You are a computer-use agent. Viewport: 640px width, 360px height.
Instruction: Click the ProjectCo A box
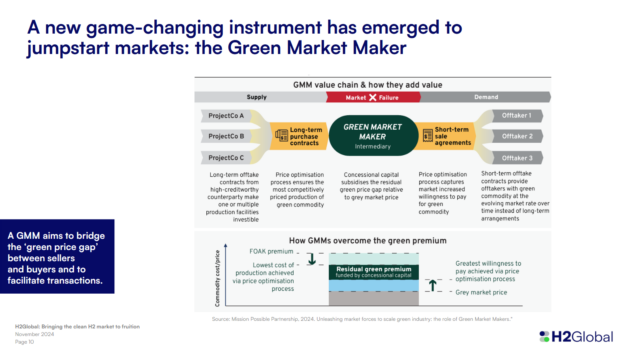click(x=229, y=116)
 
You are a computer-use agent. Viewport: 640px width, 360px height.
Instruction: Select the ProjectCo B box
click(x=229, y=136)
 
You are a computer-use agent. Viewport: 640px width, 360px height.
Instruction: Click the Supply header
click(x=258, y=97)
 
